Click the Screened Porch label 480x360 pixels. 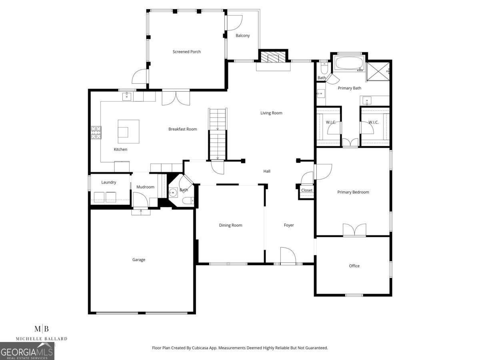pos(186,52)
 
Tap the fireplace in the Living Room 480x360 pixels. pos(274,57)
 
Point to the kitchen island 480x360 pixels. pos(128,131)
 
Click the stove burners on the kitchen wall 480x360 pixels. pos(96,132)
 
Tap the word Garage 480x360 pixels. pos(139,260)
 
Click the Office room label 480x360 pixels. pos(354,266)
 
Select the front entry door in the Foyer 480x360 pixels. pos(288,256)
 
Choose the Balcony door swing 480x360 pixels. pos(234,22)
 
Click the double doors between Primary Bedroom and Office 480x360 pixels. pos(354,230)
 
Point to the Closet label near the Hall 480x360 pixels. pos(307,190)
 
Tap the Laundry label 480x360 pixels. pos(108,182)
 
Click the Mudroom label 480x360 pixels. pos(145,187)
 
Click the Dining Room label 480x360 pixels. pos(230,225)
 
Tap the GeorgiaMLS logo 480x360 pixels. pos(27,352)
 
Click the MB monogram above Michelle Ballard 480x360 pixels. pos(42,329)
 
